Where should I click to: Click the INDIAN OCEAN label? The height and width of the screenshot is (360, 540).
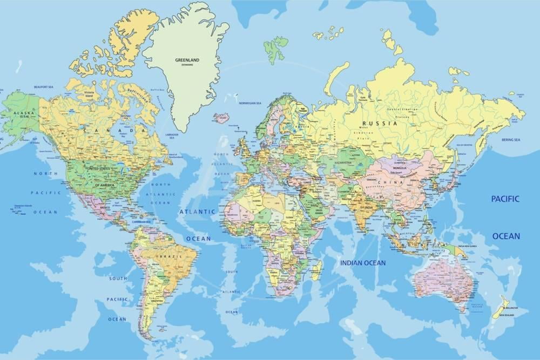(x=363, y=263)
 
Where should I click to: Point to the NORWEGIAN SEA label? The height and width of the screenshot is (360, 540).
(x=250, y=103)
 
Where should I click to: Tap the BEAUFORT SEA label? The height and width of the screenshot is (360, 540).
(x=44, y=86)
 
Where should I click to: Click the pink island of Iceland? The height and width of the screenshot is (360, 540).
(x=221, y=118)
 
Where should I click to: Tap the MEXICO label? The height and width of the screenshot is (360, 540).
(x=104, y=207)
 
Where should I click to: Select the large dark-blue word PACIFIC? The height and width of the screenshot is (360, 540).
(x=505, y=199)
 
